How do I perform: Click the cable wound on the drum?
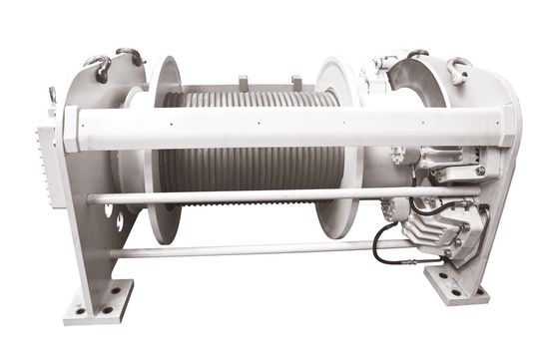(250, 170)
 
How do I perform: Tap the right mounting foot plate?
(456, 286)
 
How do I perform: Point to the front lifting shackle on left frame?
(99, 67)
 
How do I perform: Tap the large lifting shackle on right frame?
(458, 69)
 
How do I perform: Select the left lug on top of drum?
(243, 81)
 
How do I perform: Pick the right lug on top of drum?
(296, 83)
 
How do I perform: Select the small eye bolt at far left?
(51, 96)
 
